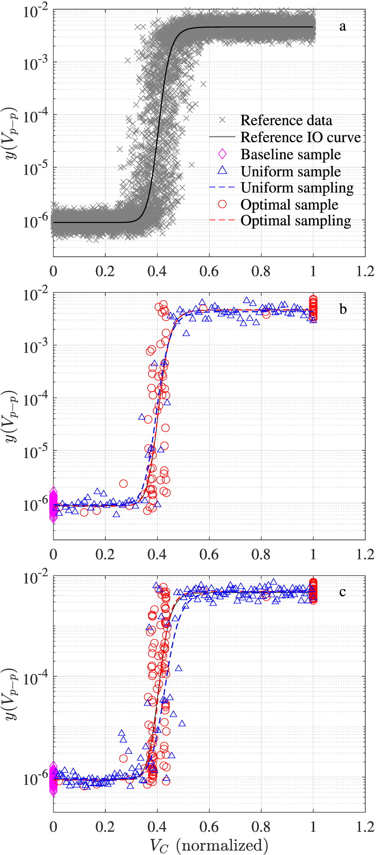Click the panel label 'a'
[342, 27]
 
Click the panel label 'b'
[343, 309]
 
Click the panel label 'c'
[342, 592]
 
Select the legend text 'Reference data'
[286, 120]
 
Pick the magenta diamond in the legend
[222, 154]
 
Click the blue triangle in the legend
[222, 171]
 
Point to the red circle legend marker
[222, 204]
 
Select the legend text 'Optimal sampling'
[296, 221]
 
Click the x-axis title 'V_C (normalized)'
[209, 845]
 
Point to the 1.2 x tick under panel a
[365, 271]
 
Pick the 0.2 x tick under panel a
[105, 271]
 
